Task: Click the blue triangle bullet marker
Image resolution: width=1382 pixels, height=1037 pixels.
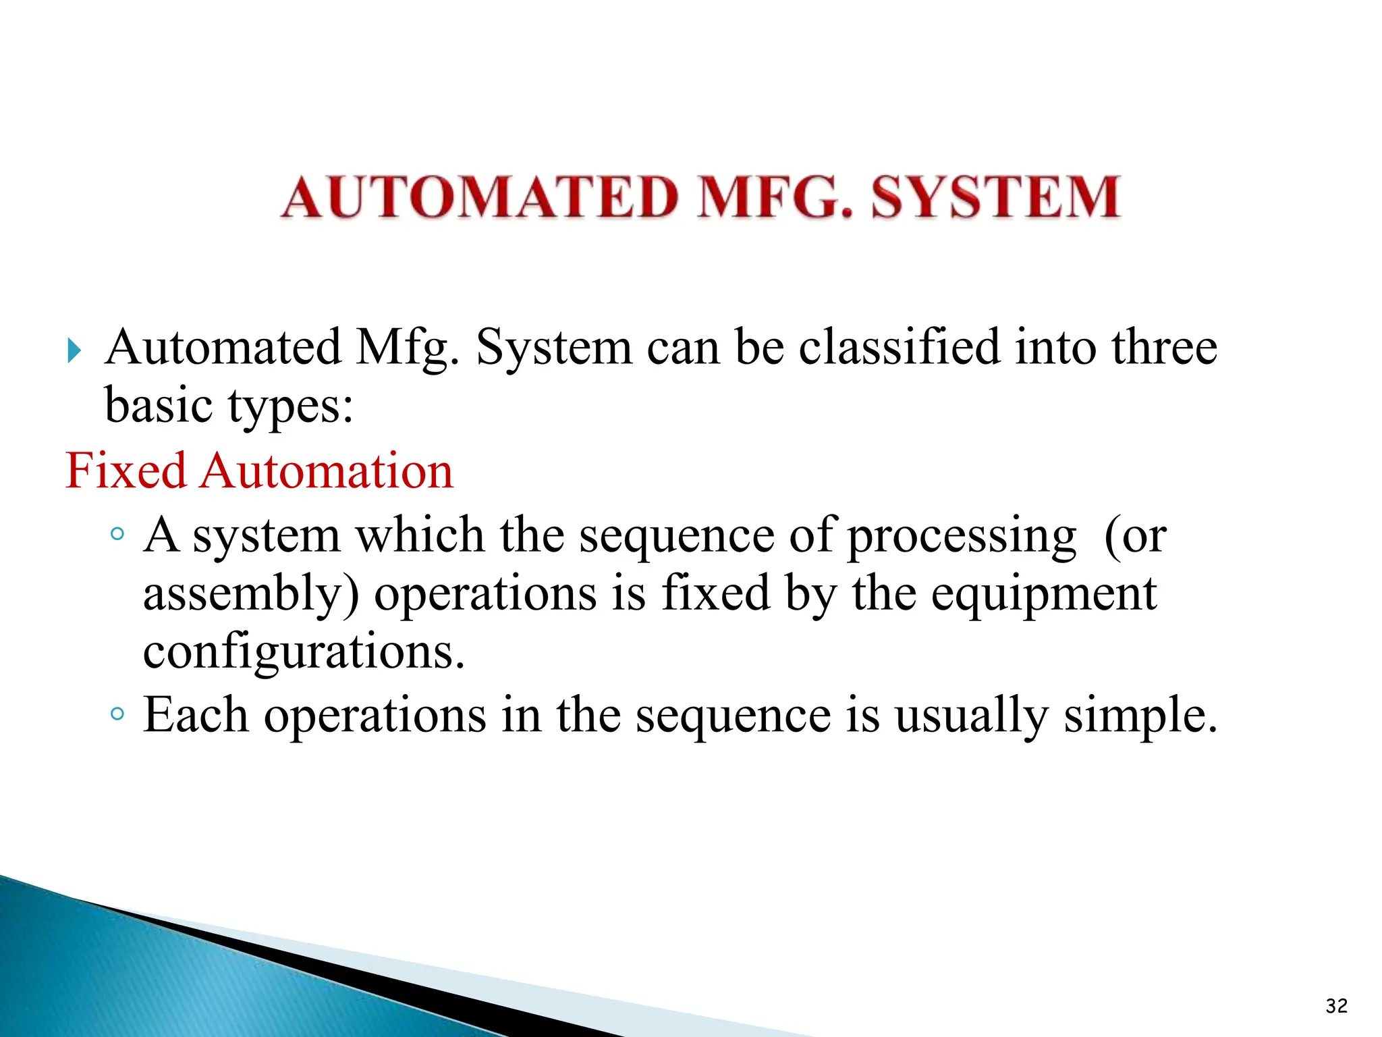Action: coord(74,350)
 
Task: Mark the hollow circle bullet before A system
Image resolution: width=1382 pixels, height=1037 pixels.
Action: coord(117,534)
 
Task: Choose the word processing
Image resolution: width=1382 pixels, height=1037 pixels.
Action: coord(961,537)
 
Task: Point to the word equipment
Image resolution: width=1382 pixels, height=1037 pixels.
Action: coord(1044,594)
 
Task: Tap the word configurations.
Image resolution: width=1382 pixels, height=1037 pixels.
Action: coord(304,652)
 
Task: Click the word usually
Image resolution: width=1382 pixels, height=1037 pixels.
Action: coord(972,716)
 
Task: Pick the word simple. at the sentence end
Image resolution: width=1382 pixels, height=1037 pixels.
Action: coord(1140,716)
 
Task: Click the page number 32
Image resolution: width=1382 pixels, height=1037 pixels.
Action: coord(1336,1006)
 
